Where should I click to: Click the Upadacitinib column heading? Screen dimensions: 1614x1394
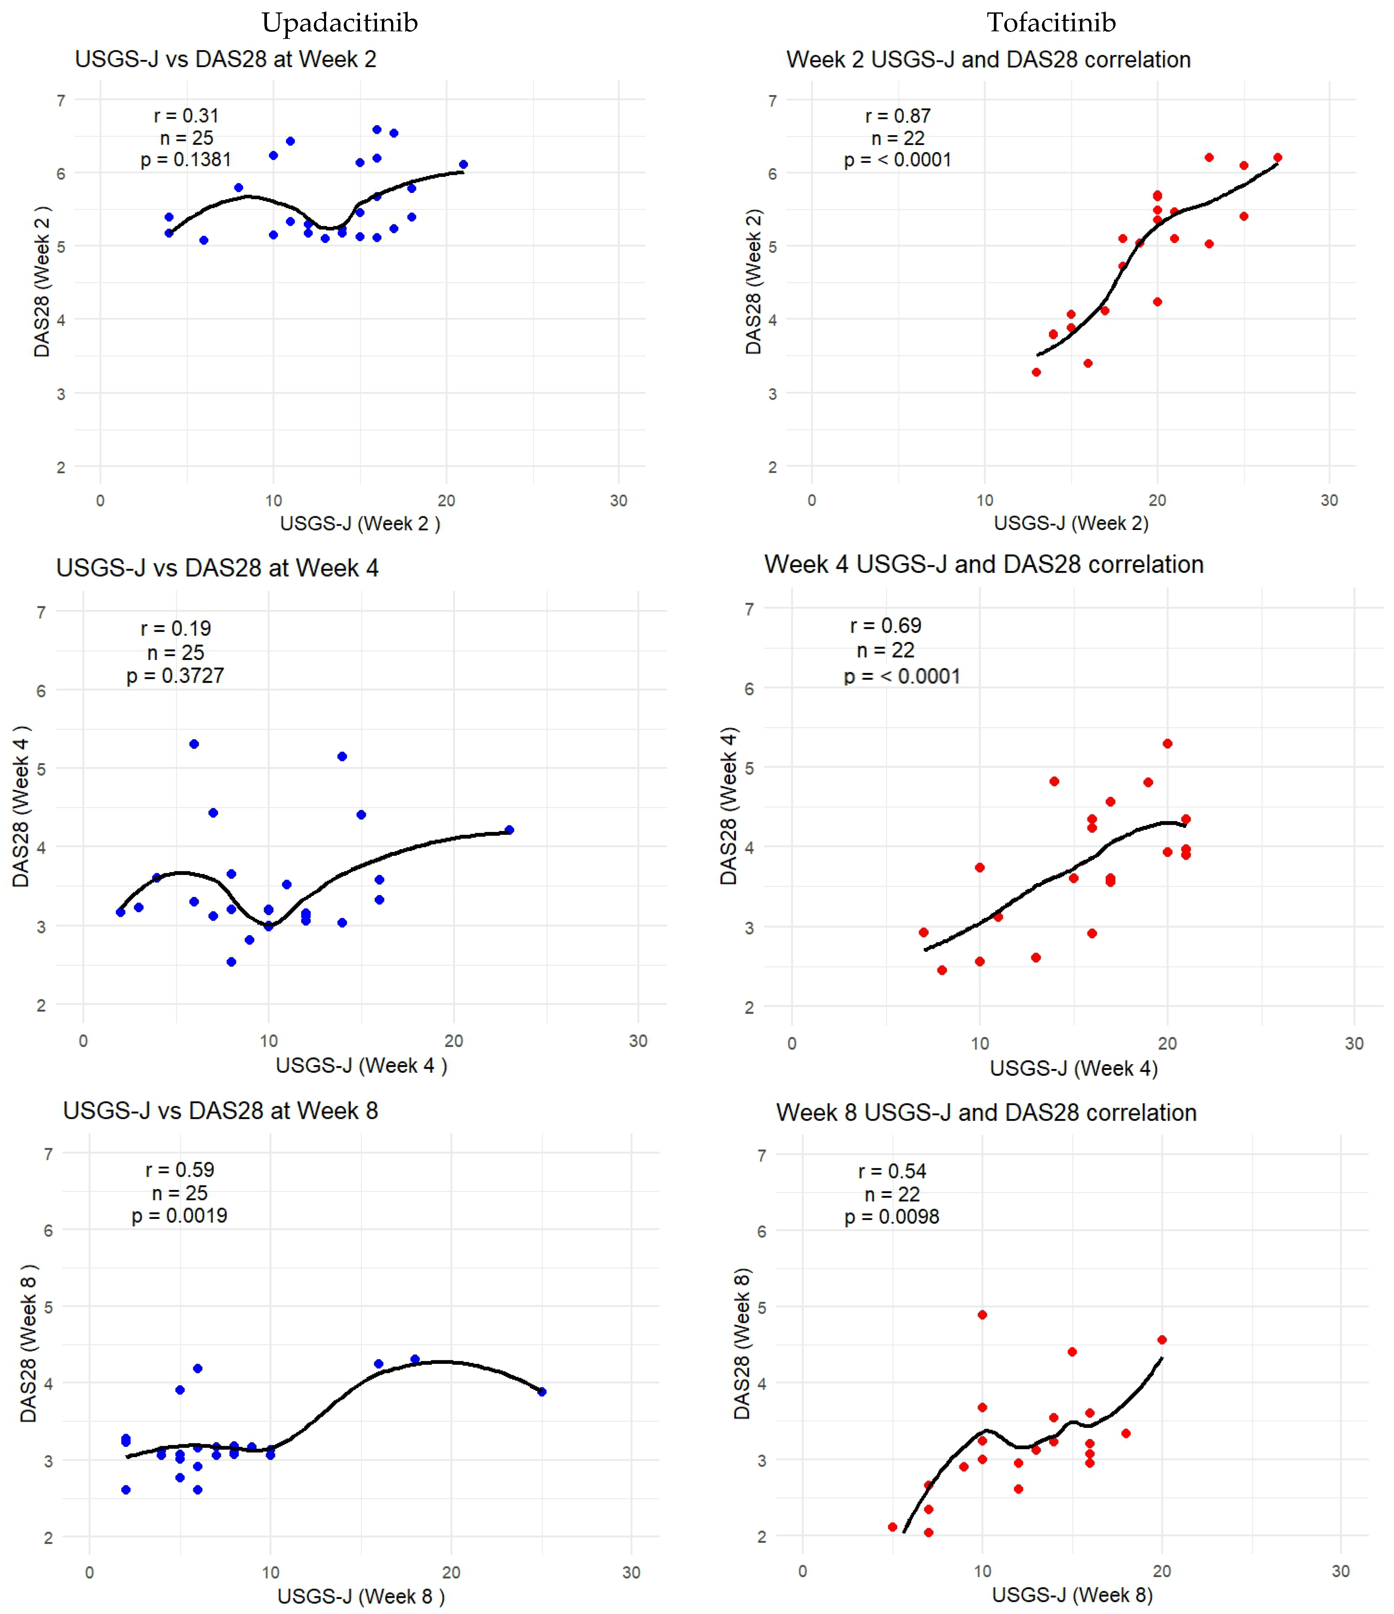tap(339, 23)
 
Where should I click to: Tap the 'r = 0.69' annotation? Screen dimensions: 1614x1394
tap(885, 626)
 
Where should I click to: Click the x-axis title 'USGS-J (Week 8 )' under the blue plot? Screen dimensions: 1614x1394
tap(361, 1596)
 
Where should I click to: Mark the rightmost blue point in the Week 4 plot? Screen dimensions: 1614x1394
tap(509, 830)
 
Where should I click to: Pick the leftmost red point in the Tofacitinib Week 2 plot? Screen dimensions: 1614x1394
tap(1036, 372)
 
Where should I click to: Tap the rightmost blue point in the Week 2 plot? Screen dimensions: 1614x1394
tap(463, 164)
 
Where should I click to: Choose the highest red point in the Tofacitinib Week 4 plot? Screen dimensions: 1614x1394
tap(1167, 744)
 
